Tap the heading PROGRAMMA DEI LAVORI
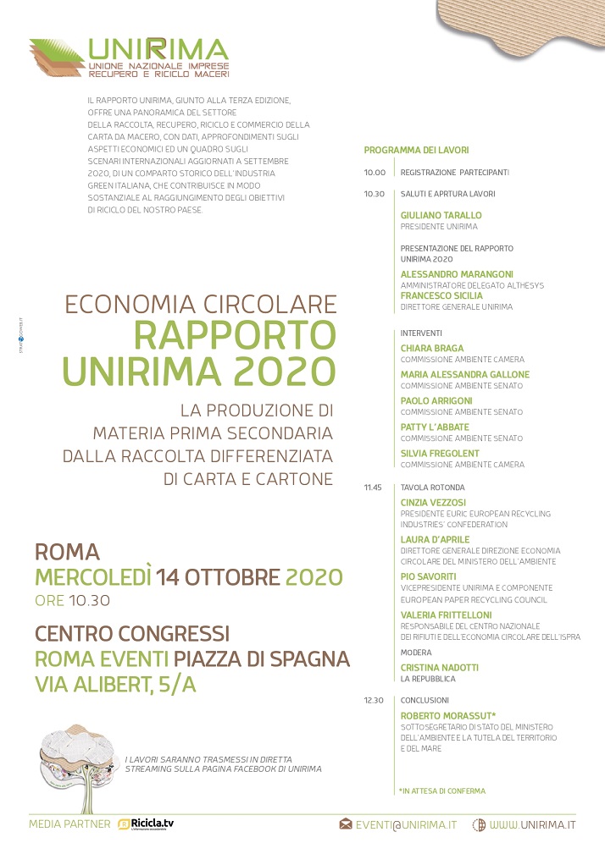[416, 150]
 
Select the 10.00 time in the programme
[375, 172]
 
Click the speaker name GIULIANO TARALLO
[441, 216]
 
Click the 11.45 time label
[374, 488]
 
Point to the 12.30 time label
[375, 700]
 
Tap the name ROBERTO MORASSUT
[448, 715]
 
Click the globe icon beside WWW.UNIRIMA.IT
[479, 824]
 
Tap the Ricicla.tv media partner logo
[146, 824]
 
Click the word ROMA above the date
[67, 553]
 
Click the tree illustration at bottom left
[76, 757]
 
